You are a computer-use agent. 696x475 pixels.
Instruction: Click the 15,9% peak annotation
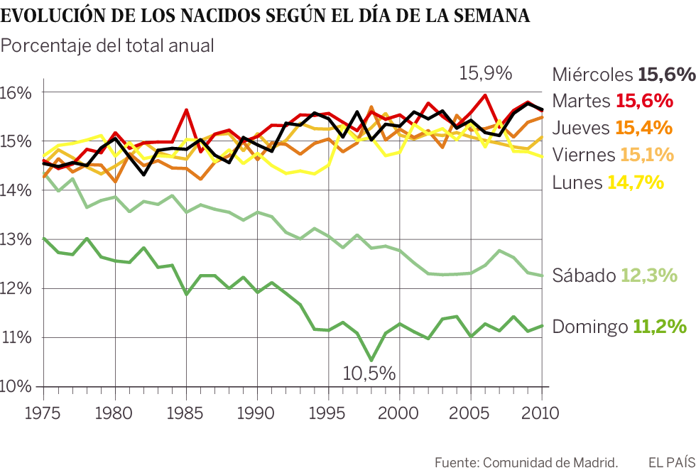click(x=486, y=72)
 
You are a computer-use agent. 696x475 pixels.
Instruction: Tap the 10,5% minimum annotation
click(x=369, y=373)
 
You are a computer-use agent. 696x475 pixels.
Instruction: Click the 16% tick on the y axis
click(x=16, y=93)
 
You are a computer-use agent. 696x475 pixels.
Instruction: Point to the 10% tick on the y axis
click(x=16, y=387)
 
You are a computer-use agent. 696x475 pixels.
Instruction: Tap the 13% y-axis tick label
click(x=16, y=240)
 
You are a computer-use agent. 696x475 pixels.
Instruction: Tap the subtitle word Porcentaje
click(x=47, y=46)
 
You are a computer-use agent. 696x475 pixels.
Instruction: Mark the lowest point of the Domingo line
click(x=371, y=359)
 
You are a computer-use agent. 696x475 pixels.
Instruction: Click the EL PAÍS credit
click(x=668, y=462)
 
